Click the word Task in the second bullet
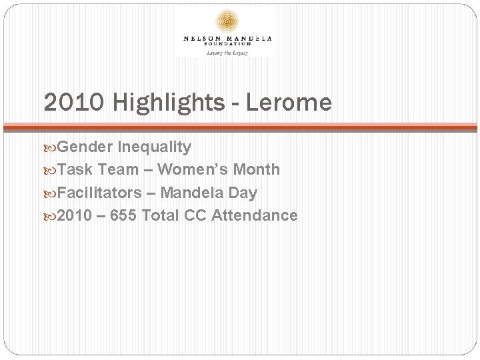75,169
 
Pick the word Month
258,169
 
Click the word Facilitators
100,193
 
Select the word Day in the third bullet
243,193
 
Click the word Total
164,215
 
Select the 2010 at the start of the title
66,102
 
